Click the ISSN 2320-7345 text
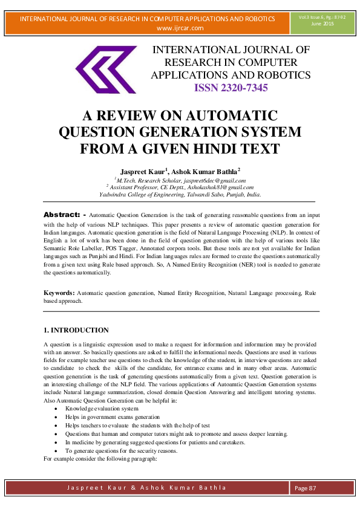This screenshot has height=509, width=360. point(231,88)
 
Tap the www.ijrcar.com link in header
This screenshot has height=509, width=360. point(180,28)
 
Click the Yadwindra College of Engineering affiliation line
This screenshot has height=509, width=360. point(180,195)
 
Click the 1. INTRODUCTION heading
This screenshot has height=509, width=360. point(76,330)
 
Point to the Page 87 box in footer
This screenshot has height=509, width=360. point(306,488)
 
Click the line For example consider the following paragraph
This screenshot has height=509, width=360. point(100,459)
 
